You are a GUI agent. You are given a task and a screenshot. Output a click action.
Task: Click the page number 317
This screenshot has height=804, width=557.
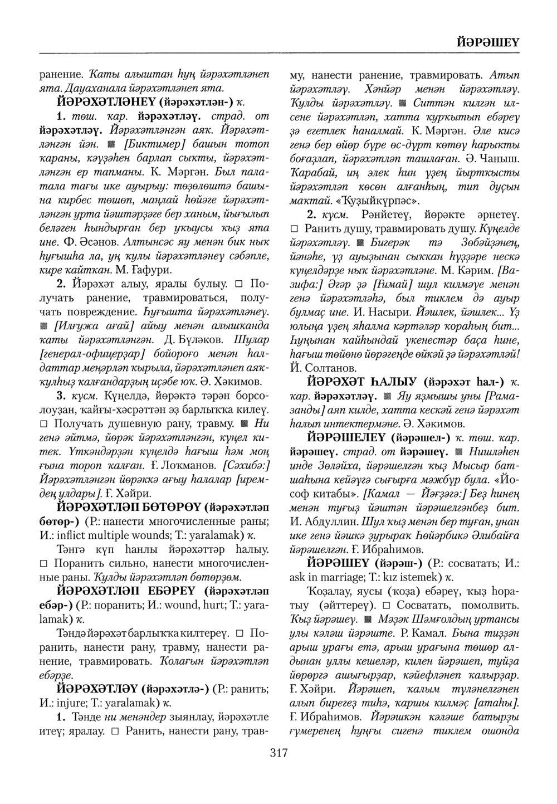coord(278,754)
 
